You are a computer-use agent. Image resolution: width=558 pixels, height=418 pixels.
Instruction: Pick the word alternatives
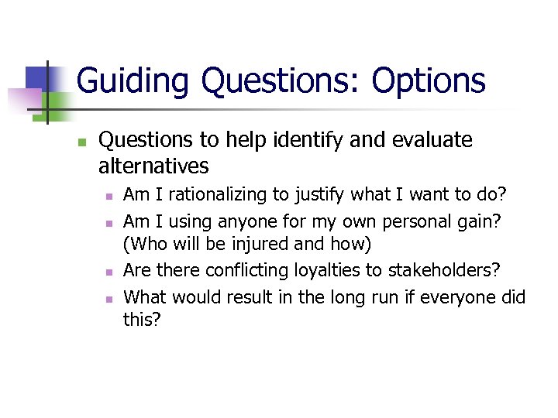[x=153, y=166]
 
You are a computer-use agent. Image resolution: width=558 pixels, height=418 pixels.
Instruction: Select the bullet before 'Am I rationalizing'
[x=109, y=196]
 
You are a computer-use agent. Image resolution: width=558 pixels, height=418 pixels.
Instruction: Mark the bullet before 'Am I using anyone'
[x=109, y=222]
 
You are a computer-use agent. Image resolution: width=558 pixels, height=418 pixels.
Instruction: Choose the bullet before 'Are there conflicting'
[x=109, y=272]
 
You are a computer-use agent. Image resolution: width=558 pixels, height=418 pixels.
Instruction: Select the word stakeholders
[x=443, y=271]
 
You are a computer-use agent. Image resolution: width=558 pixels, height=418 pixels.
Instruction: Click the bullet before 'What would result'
[x=109, y=298]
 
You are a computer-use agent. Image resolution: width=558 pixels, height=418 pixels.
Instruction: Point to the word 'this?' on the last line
[x=142, y=320]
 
